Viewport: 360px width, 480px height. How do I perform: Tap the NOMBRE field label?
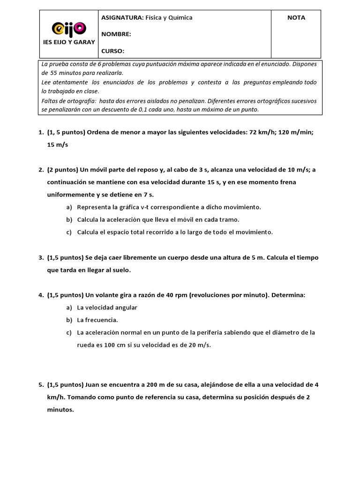point(116,34)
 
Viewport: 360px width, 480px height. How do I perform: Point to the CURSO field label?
point(113,51)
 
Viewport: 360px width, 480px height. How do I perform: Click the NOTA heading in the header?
point(296,18)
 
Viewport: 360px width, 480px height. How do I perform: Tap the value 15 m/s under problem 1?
point(57,144)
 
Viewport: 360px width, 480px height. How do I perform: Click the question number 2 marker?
point(41,170)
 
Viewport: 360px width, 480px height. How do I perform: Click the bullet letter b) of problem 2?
point(69,219)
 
